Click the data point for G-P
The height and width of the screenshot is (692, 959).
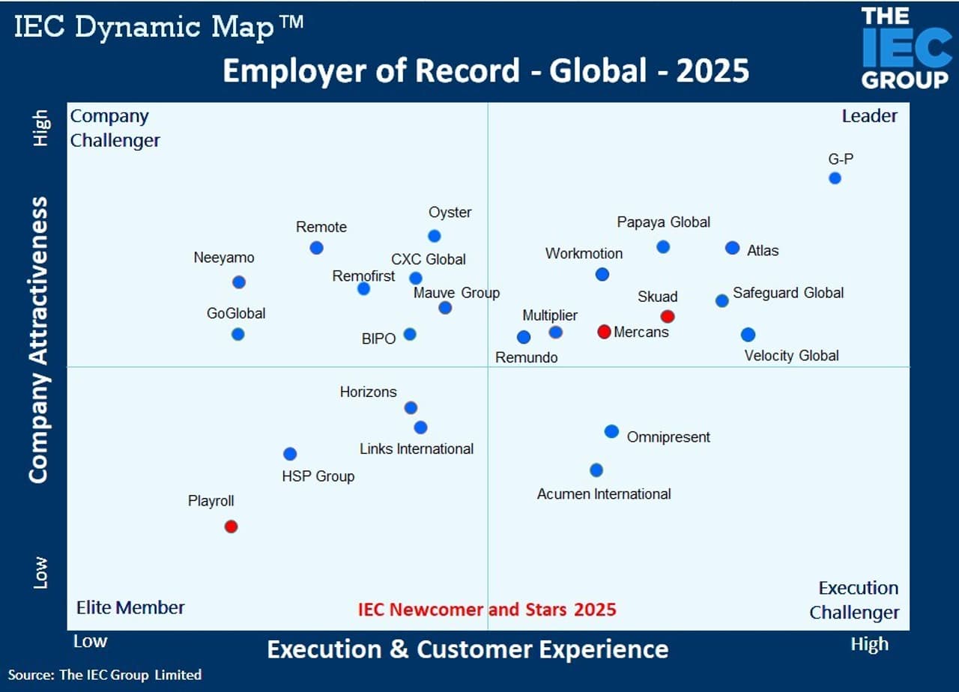tap(835, 178)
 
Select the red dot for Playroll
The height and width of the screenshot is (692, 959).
tap(231, 526)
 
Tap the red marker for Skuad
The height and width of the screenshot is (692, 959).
tap(667, 316)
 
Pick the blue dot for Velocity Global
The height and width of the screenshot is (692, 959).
tap(748, 335)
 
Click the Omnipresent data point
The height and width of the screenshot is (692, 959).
tap(611, 431)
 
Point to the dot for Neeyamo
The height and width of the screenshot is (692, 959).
tap(238, 282)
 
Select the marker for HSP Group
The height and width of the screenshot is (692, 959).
tap(290, 454)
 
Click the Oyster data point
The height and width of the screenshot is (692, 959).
tap(434, 236)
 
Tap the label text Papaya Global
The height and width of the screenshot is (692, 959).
tap(663, 222)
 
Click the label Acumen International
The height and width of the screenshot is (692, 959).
tap(604, 494)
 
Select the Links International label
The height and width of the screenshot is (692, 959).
tap(417, 449)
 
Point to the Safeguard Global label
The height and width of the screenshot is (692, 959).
tap(788, 293)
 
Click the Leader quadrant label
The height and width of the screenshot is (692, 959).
tap(869, 116)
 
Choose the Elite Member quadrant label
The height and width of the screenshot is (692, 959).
tap(130, 607)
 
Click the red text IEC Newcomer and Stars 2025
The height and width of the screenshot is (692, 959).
tap(487, 609)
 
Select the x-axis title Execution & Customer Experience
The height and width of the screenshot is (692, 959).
tap(468, 649)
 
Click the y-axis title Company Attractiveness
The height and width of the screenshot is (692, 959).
tap(39, 339)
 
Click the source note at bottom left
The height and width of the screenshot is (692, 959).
tap(105, 675)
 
